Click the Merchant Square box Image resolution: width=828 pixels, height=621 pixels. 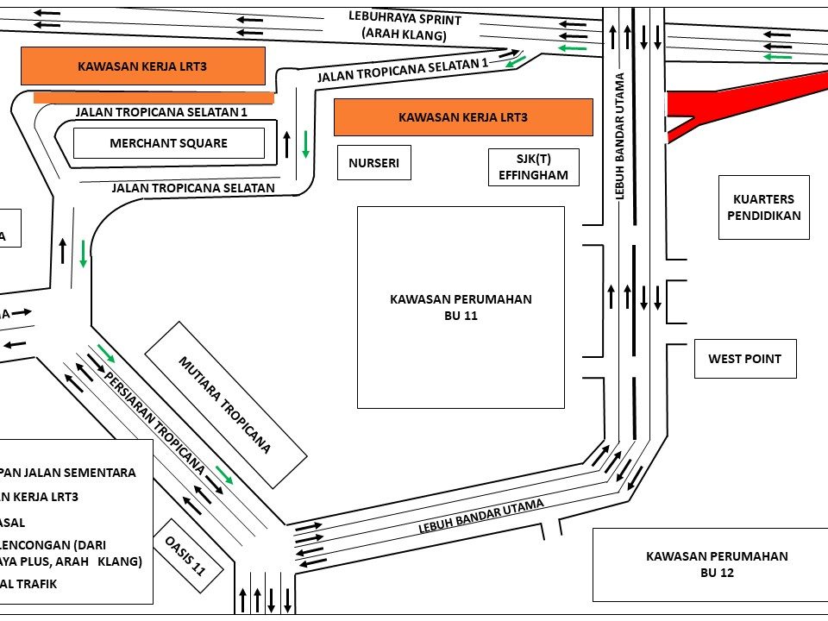(168, 143)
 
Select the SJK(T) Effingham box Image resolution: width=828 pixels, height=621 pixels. (533, 167)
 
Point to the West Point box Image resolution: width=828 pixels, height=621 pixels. (744, 359)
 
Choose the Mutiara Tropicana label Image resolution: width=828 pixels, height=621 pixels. (225, 405)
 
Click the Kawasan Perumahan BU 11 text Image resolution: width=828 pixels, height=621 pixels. (461, 307)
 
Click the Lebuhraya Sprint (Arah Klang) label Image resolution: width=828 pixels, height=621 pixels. (405, 27)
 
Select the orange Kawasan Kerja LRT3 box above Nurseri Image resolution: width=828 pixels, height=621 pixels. (463, 117)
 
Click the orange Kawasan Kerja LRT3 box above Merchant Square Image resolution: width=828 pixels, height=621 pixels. (142, 66)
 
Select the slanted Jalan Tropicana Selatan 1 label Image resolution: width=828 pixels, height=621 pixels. (403, 71)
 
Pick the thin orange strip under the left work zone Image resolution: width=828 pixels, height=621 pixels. (154, 97)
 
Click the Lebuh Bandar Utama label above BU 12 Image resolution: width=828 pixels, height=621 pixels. (481, 517)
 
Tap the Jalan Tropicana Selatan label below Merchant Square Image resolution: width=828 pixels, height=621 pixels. (193, 188)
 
